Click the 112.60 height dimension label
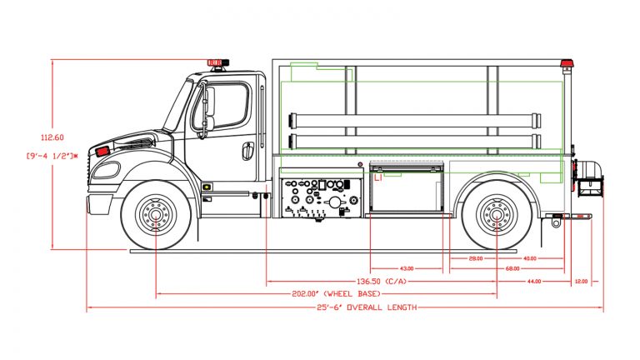[52, 137]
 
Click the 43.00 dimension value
[407, 269]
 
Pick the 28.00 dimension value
[476, 258]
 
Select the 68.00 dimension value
[512, 269]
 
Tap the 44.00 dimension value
[533, 282]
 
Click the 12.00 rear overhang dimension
[581, 282]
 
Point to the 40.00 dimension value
[530, 258]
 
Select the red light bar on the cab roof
[216, 62]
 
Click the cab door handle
[247, 151]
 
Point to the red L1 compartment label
[377, 177]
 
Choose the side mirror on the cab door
[208, 108]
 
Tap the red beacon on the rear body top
[567, 63]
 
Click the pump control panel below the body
[321, 200]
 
